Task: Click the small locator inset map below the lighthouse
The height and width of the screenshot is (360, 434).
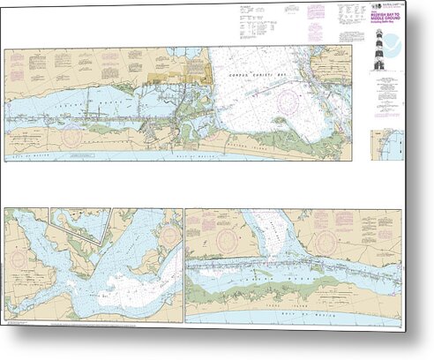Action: tap(388, 140)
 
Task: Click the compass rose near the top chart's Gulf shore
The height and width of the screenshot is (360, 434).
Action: tap(71, 137)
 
